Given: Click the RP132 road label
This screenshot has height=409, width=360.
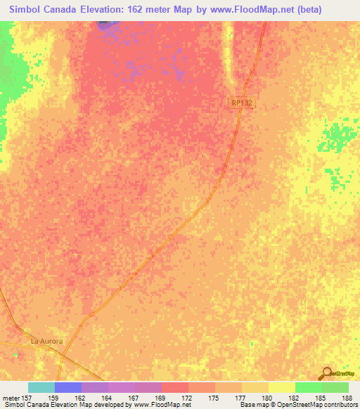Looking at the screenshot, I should pyautogui.click(x=240, y=103).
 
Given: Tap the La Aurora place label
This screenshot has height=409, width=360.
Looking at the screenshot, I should pyautogui.click(x=47, y=341).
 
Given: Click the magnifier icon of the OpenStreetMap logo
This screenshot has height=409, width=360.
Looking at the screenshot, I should pyautogui.click(x=326, y=374).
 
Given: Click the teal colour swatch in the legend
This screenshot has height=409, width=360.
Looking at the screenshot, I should pyautogui.click(x=41, y=387).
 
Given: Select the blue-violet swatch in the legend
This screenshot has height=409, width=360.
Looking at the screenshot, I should pyautogui.click(x=68, y=387).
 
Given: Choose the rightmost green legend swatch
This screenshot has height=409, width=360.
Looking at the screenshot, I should pyautogui.click(x=335, y=387).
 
